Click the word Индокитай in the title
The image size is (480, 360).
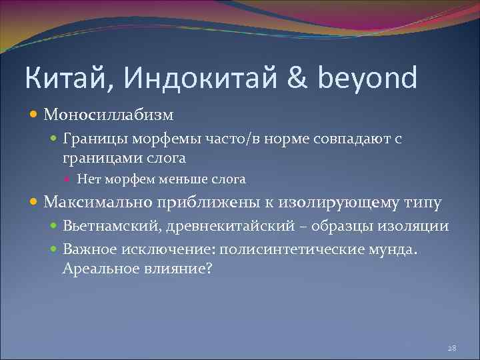coord(198,78)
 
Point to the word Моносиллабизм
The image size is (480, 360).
coord(109,115)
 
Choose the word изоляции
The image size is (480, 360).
coord(417,226)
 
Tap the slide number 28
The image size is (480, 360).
coord(451,348)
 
